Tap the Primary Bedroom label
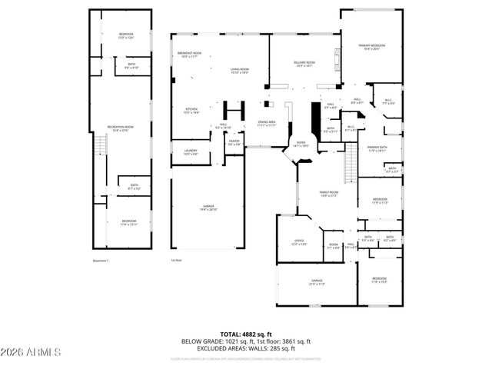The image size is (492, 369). pyautogui.click(x=372, y=48)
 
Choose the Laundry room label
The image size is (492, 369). pyautogui.click(x=191, y=152)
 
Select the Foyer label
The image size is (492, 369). pyautogui.click(x=301, y=143)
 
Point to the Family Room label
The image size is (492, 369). pyautogui.click(x=329, y=193)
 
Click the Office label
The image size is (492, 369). pyautogui.click(x=299, y=242)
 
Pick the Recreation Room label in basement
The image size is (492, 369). pyautogui.click(x=125, y=128)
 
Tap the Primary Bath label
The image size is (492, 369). pyautogui.click(x=376, y=149)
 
